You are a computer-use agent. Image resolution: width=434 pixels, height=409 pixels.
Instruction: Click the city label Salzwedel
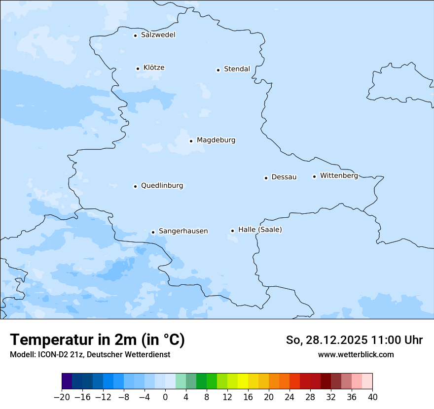click(158, 35)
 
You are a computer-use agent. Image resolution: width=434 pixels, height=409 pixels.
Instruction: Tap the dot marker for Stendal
click(218, 70)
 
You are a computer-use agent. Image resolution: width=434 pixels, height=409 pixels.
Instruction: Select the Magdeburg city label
click(216, 140)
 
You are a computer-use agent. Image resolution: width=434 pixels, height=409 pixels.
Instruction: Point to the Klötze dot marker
click(138, 68)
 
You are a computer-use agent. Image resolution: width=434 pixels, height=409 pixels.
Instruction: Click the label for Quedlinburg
click(162, 186)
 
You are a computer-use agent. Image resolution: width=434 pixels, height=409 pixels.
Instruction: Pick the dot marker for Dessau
click(266, 178)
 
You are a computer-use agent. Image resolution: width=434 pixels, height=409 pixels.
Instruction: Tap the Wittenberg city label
click(339, 176)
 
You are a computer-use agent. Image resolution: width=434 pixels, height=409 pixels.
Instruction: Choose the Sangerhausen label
click(183, 231)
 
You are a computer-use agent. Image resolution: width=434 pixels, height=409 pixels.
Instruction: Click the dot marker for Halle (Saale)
click(232, 231)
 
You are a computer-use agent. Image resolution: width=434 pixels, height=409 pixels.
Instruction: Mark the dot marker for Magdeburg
click(191, 141)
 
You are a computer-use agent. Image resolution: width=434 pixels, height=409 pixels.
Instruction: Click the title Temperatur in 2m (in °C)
click(97, 340)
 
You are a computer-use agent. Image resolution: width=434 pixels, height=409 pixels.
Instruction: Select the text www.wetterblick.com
click(356, 354)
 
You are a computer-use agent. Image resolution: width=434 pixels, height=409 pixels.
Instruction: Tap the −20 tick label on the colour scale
click(62, 397)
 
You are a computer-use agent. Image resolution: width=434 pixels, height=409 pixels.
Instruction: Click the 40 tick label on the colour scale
click(372, 397)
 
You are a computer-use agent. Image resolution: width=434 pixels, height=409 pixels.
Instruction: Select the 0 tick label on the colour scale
click(165, 397)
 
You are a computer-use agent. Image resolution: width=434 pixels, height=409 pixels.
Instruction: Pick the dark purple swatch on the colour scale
click(67, 381)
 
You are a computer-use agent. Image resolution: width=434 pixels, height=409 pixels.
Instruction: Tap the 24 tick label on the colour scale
click(289, 397)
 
